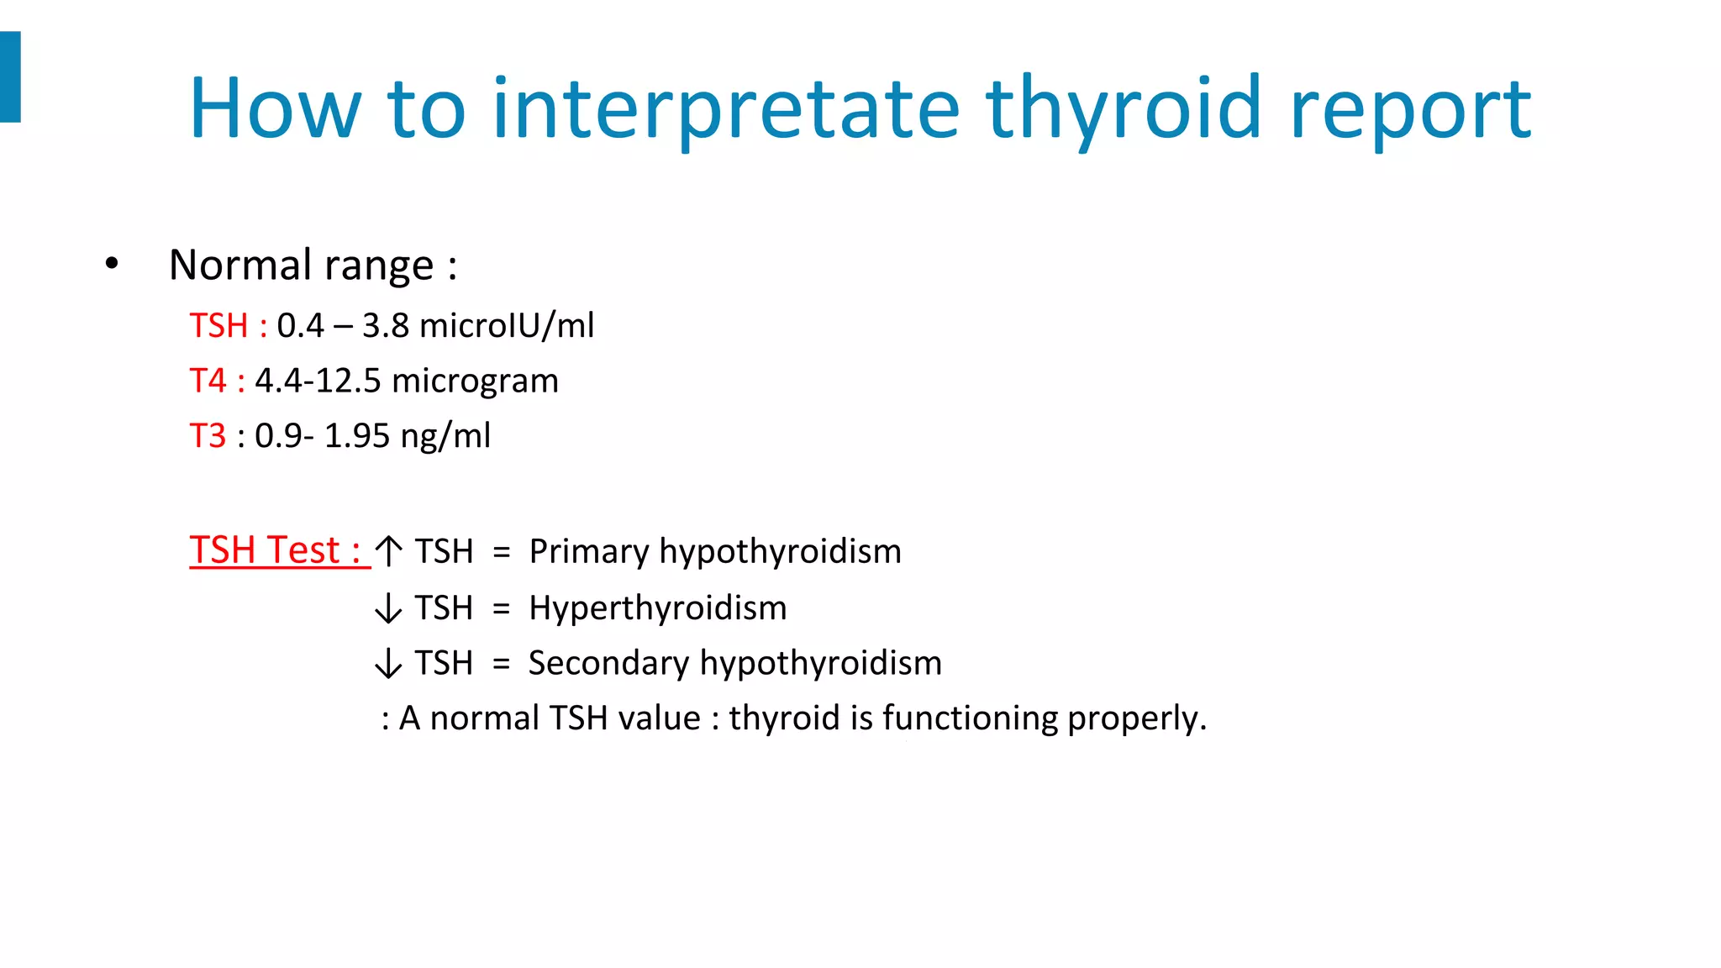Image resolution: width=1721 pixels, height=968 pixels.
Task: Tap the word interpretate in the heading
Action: click(725, 109)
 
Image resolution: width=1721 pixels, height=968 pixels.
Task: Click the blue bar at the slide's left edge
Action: click(10, 76)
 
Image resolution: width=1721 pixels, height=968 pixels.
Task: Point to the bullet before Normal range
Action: click(112, 265)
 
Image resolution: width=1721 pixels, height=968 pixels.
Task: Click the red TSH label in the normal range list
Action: click(219, 326)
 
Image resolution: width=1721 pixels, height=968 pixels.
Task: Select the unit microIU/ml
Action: click(507, 326)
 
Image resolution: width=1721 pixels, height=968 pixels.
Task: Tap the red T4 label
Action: click(208, 381)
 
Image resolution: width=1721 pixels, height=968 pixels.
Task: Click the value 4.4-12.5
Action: click(318, 381)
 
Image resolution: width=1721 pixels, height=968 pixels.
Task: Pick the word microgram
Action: click(475, 381)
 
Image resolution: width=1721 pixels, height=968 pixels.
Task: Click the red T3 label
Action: click(208, 436)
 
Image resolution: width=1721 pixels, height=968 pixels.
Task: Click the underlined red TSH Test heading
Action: click(277, 550)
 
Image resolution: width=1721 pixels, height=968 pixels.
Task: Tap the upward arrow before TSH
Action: click(388, 551)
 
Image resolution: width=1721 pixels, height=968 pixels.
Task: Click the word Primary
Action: click(589, 552)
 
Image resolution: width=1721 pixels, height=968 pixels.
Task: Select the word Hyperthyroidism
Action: click(658, 608)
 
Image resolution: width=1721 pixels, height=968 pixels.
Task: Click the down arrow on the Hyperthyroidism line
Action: click(388, 608)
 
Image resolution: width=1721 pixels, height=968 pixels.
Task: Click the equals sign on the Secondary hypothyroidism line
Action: click(502, 664)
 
